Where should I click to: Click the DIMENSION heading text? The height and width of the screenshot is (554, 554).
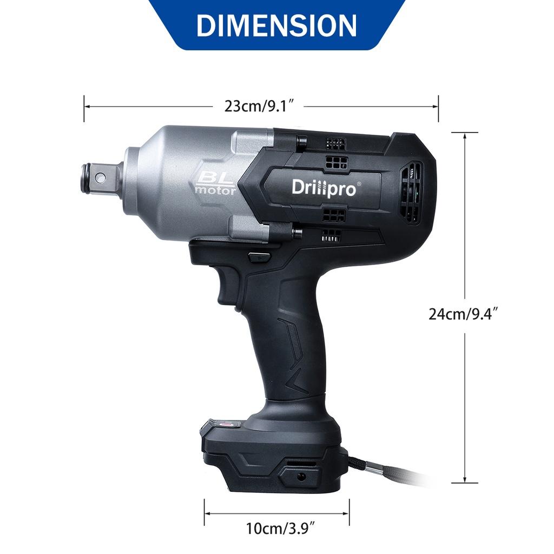coord(276,25)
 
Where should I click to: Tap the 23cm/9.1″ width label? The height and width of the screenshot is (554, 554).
coord(259,106)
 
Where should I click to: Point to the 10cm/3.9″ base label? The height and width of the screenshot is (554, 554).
coord(280,529)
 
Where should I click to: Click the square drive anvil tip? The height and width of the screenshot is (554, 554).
coord(100,177)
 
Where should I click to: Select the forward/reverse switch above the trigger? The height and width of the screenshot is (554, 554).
coord(259,256)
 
